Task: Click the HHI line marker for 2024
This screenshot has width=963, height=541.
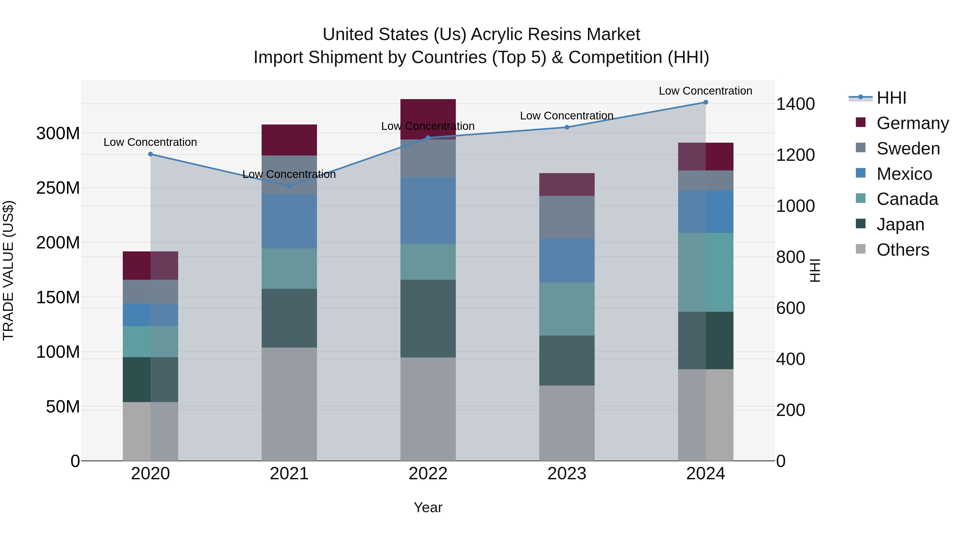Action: (x=705, y=102)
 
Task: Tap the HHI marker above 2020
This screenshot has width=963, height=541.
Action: (x=150, y=154)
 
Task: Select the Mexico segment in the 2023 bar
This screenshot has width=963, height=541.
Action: (x=567, y=260)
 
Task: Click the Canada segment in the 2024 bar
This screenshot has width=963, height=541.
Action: (x=705, y=272)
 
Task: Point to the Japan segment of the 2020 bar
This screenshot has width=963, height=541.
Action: (x=150, y=379)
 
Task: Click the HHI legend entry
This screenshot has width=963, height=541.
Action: (x=891, y=98)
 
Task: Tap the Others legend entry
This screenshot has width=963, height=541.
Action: (x=903, y=250)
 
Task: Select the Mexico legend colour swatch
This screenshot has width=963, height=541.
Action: (x=861, y=173)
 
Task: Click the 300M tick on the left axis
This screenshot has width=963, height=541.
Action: (x=58, y=133)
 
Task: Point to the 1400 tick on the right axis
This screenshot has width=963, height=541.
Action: (x=795, y=104)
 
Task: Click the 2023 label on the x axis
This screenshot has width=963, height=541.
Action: (x=567, y=474)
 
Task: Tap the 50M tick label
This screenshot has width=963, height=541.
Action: (x=63, y=407)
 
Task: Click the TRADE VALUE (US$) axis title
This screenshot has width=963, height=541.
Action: (x=9, y=270)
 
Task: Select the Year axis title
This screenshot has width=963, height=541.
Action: (x=428, y=507)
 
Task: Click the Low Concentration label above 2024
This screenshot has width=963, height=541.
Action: (x=705, y=91)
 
